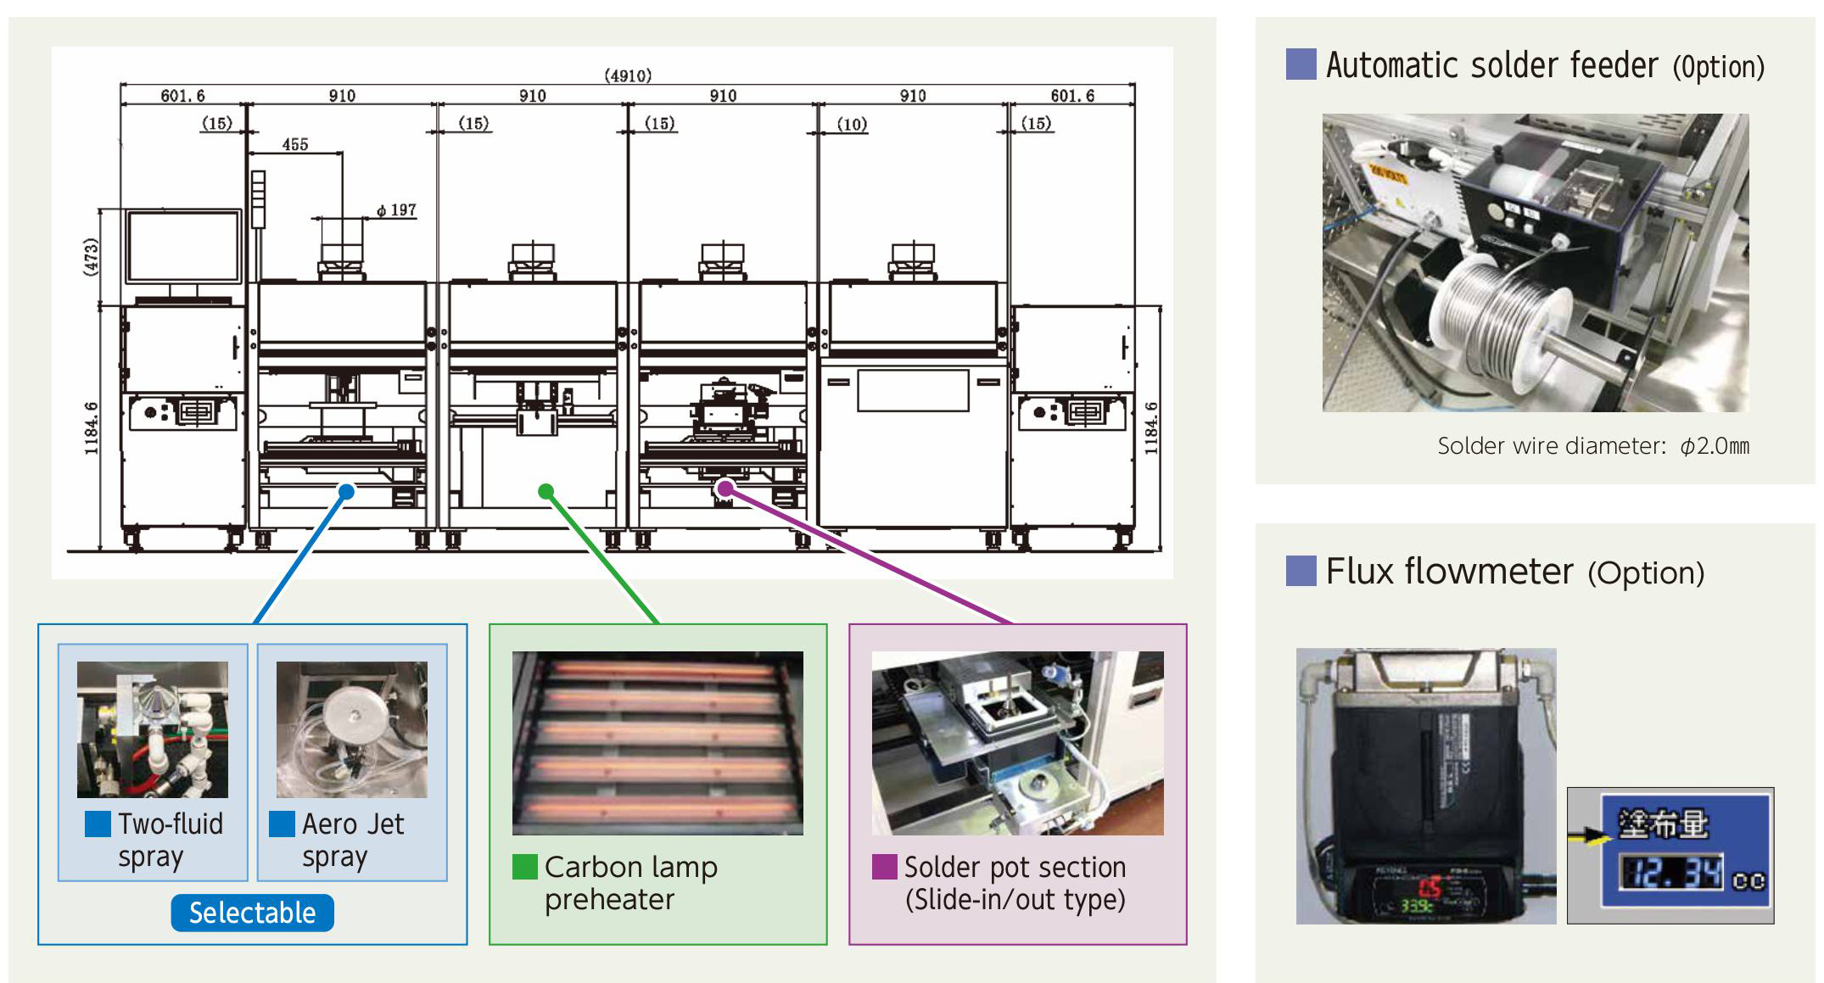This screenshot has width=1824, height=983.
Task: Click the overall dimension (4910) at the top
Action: point(628,75)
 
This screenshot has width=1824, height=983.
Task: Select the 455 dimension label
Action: point(295,144)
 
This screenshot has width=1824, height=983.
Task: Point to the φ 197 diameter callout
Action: point(397,209)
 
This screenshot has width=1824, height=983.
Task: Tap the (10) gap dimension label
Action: point(852,124)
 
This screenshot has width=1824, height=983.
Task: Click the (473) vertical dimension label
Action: point(91,256)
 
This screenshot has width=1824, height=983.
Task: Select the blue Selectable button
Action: point(252,913)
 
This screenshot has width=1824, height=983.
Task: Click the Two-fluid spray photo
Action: point(153,729)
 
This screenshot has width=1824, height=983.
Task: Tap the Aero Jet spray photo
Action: point(352,729)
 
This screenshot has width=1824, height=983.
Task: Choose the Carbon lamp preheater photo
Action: point(657,743)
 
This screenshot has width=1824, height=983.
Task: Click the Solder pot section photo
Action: point(1017,743)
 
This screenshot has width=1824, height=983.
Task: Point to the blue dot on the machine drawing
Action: point(346,491)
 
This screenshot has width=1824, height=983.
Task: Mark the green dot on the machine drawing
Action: point(546,491)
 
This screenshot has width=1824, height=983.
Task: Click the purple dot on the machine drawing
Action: point(725,488)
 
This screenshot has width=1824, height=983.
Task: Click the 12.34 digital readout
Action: point(1671,873)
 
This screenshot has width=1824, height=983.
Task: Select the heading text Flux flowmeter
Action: point(1449,572)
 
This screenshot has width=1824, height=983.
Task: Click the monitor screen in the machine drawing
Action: point(183,246)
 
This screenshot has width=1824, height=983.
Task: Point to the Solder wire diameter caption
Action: point(1592,446)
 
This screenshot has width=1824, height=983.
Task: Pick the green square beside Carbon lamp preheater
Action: point(525,867)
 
